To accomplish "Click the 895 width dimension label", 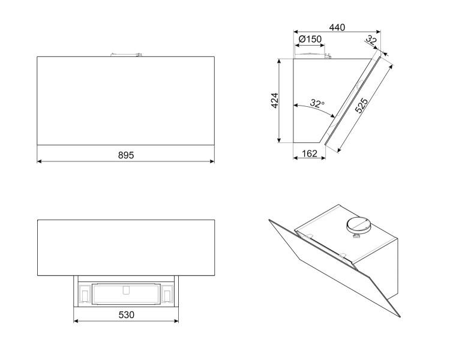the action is [x=126, y=155].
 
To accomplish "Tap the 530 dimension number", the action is [x=126, y=315].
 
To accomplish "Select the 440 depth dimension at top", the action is [x=337, y=27].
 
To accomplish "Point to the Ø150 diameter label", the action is [x=310, y=39].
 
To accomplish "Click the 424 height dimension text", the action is [x=275, y=100].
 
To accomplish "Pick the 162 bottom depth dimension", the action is [x=310, y=154].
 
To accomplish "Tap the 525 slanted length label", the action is [x=361, y=106].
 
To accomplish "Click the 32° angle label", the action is [x=317, y=103].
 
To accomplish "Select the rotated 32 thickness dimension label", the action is [x=371, y=40].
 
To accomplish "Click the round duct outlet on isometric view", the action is [x=359, y=224].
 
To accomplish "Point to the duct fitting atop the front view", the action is [x=126, y=54].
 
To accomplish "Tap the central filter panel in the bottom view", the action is [x=126, y=294].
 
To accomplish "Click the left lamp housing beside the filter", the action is [x=85, y=294].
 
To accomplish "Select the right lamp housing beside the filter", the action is [x=167, y=294].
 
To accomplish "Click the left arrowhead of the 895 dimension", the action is [x=40, y=161].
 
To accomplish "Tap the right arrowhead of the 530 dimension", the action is [x=176, y=321].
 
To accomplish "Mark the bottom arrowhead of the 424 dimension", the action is [x=278, y=140].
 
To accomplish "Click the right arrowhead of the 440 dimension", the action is [x=378, y=32].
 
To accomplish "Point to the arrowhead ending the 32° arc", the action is [x=333, y=116].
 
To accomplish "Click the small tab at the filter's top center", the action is [x=126, y=290].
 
